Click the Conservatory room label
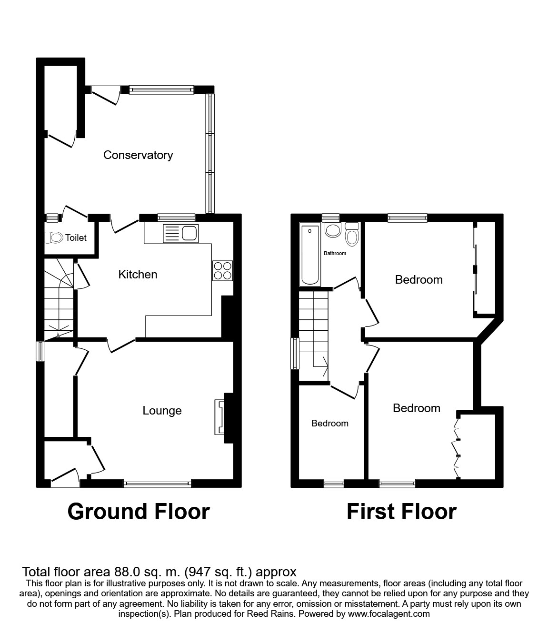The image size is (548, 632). (x=138, y=155)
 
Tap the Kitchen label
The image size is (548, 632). (x=138, y=275)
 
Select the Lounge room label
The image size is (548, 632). (x=162, y=411)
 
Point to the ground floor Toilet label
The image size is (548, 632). (x=76, y=237)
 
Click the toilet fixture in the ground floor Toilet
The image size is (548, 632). (x=53, y=237)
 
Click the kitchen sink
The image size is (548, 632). (x=180, y=233)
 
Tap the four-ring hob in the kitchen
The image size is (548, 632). (x=222, y=270)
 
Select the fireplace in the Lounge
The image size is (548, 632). (x=220, y=417)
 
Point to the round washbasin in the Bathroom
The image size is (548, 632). (x=332, y=230)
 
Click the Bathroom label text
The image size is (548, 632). (x=335, y=253)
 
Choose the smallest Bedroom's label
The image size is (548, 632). (x=329, y=424)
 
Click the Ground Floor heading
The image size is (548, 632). (x=139, y=512)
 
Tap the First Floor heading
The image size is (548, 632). (x=401, y=512)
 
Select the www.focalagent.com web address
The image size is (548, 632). (x=389, y=614)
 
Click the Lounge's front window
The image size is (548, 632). (x=157, y=484)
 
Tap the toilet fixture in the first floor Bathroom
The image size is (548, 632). (x=352, y=235)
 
